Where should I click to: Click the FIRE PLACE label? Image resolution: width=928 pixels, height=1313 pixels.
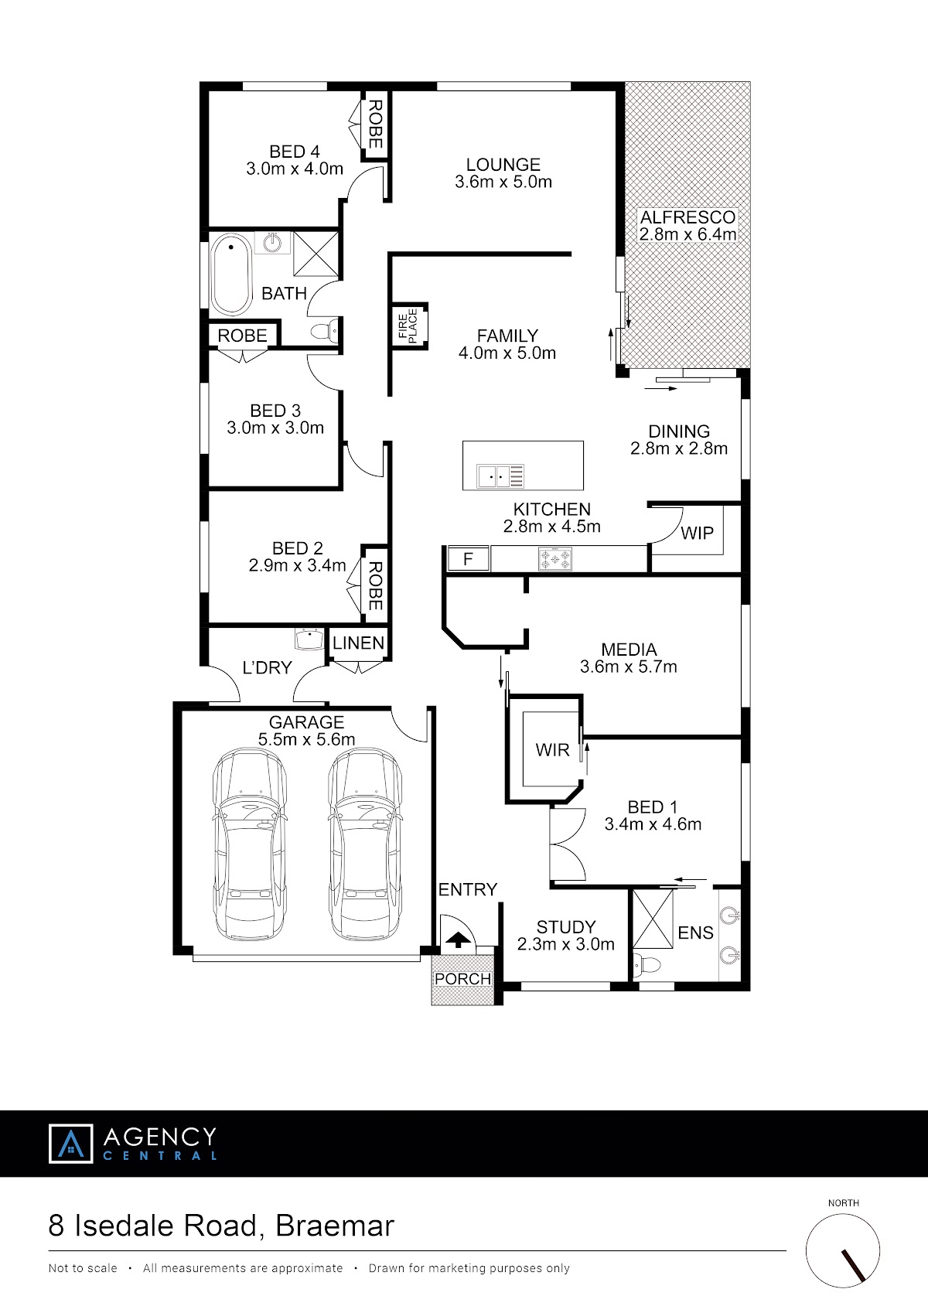(408, 326)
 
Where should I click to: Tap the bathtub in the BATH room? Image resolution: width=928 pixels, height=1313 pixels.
(231, 275)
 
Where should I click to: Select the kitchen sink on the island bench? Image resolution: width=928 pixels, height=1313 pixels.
(500, 476)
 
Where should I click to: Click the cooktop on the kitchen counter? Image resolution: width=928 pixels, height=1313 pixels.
(554, 558)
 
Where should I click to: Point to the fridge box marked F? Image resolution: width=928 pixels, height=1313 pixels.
(468, 558)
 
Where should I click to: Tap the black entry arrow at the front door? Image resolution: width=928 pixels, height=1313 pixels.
(458, 940)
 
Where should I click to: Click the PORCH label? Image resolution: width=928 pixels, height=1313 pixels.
(462, 978)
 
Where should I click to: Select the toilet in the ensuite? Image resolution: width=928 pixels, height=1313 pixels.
(647, 963)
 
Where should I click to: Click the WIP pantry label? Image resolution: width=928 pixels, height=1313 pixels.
(697, 533)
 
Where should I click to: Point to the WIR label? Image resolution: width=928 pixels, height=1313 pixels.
(552, 750)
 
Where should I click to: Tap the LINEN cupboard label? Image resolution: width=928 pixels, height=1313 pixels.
(358, 643)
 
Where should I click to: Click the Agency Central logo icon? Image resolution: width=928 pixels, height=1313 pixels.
(71, 1143)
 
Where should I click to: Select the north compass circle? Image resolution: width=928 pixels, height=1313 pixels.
(842, 1250)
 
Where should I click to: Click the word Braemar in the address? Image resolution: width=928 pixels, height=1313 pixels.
(335, 1226)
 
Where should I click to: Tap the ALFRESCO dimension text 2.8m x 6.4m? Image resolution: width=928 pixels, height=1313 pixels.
(687, 234)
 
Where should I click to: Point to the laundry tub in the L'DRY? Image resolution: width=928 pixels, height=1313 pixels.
(309, 639)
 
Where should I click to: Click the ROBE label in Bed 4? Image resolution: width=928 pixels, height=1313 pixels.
(375, 124)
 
